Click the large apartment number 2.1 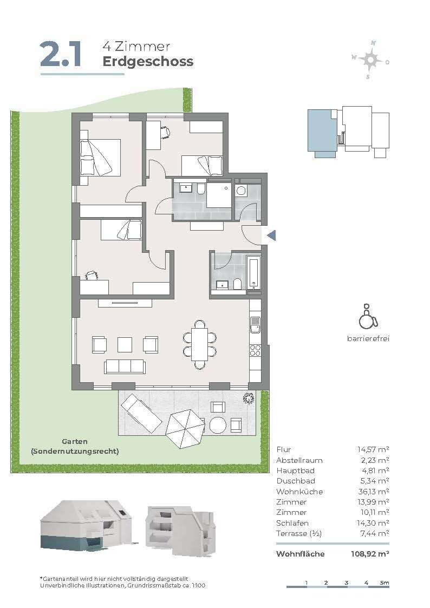click(x=61, y=54)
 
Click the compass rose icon click(x=370, y=60)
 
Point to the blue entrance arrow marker click(x=271, y=235)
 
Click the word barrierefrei click(x=368, y=338)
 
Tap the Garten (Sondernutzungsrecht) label click(x=75, y=446)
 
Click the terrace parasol click(x=185, y=428)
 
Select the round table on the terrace click(x=218, y=425)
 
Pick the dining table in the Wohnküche click(x=200, y=344)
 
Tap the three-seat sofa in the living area click(x=125, y=367)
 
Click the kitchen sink click(x=255, y=325)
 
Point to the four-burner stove click(x=255, y=350)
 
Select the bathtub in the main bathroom click(x=254, y=274)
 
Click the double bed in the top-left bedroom click(x=100, y=158)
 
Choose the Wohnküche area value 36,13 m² click(x=373, y=492)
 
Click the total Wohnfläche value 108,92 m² click(x=369, y=554)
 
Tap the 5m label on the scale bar click(x=385, y=583)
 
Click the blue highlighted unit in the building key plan click(x=322, y=133)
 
